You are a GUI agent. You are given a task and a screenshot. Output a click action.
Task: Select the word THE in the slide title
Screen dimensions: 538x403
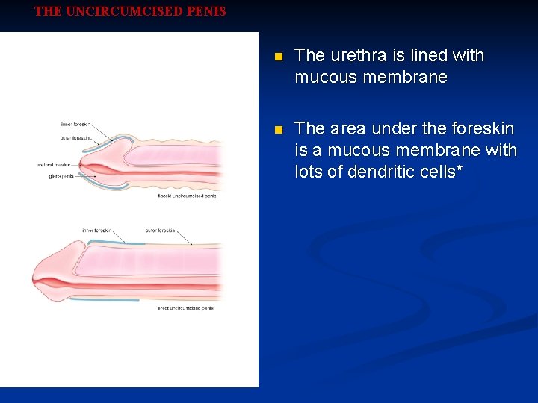coord(49,12)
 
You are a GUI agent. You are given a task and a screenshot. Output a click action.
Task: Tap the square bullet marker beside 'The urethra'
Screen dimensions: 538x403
coord(279,57)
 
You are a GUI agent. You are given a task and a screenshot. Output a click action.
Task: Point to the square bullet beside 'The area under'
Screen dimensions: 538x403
coord(279,130)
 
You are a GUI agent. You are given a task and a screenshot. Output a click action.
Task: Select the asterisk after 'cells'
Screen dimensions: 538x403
coord(458,170)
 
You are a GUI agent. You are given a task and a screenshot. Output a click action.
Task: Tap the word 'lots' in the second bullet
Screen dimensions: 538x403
coord(309,172)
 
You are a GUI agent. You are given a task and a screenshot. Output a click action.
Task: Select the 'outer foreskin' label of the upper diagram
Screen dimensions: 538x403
coord(75,137)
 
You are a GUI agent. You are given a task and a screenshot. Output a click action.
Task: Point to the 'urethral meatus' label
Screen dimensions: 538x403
coord(55,164)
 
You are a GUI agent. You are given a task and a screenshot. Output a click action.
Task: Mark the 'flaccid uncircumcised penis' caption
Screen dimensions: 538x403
coord(186,196)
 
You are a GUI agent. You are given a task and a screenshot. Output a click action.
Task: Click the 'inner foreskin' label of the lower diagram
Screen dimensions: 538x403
coord(97,231)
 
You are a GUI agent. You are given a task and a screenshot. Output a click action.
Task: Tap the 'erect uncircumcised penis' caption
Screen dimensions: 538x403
coord(185,307)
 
